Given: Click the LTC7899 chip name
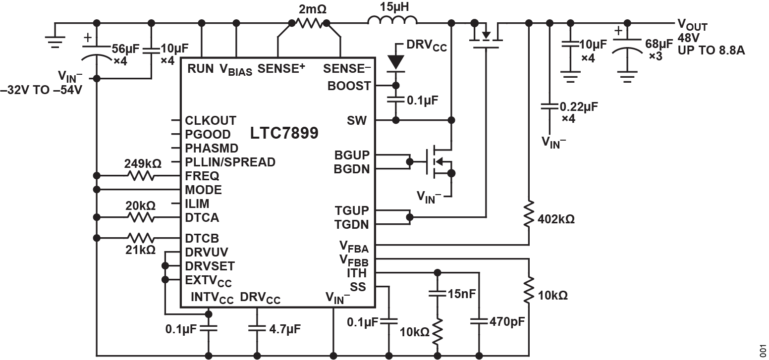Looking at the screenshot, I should click(284, 133).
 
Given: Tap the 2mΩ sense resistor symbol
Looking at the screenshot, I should click(309, 22).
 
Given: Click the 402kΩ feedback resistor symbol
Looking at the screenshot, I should click(529, 213).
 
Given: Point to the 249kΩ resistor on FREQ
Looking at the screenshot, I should click(141, 176).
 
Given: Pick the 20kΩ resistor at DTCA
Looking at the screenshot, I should click(141, 217).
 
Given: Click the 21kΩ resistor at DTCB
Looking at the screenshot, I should click(141, 238).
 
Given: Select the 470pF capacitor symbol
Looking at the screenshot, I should click(479, 320).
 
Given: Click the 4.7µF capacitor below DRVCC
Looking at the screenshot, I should click(257, 327).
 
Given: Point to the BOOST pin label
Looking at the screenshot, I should click(349, 86).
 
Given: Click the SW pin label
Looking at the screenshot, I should click(357, 120).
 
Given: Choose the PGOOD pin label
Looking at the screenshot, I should click(208, 134).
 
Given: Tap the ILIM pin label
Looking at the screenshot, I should click(197, 204).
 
